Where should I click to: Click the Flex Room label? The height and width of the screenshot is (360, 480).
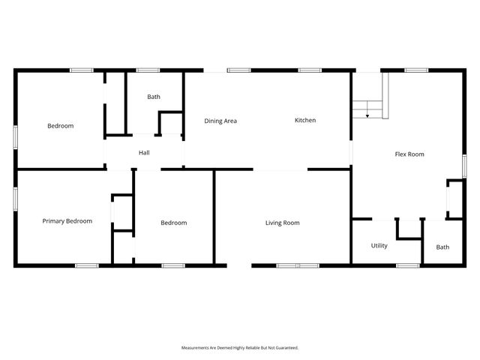point(409,154)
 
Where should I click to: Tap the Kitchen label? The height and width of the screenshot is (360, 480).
point(305,120)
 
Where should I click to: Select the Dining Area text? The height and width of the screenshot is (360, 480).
point(220,120)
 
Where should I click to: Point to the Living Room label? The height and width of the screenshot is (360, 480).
point(282,223)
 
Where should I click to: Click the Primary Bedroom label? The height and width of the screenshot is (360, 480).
point(67,221)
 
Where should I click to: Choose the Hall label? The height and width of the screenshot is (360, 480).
point(145,153)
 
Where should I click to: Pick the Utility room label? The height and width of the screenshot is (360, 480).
point(379,245)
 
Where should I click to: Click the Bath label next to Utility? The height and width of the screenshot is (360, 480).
point(442,247)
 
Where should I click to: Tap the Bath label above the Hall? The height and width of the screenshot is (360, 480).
point(153,97)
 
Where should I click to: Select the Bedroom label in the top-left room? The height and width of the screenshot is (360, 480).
point(61,126)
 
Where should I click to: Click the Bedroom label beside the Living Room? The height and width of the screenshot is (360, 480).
point(174,223)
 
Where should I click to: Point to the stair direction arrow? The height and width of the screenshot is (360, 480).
point(367,115)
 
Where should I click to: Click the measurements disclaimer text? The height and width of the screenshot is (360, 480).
point(240,348)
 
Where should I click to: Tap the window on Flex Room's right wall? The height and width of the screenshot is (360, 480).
point(464,166)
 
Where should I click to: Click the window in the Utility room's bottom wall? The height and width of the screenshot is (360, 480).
point(407,265)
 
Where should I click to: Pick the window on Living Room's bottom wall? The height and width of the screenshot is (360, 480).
point(298,265)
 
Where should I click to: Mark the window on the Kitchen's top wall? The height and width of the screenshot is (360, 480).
point(310,70)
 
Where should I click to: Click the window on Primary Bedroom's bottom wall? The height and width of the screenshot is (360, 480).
point(86,265)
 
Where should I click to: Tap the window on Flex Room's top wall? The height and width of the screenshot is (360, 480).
point(416,70)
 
